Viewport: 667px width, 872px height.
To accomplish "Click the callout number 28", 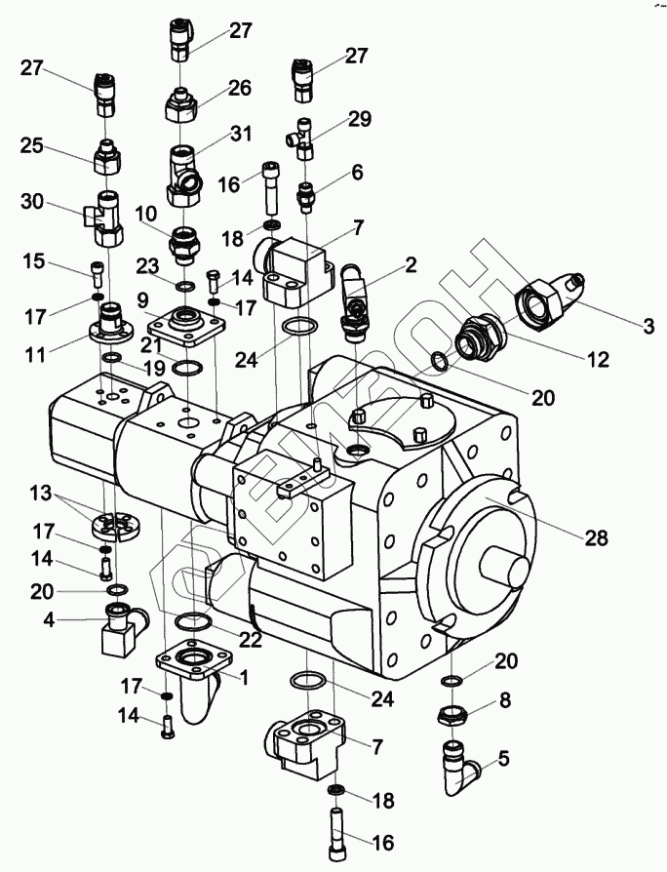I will [597, 537].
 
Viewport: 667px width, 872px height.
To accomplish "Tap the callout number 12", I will [599, 359].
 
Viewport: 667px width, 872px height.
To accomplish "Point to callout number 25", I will [33, 146].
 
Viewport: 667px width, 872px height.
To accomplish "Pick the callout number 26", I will [240, 88].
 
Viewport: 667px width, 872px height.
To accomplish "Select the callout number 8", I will [505, 699].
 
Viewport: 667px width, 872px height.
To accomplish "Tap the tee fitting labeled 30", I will [104, 218].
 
